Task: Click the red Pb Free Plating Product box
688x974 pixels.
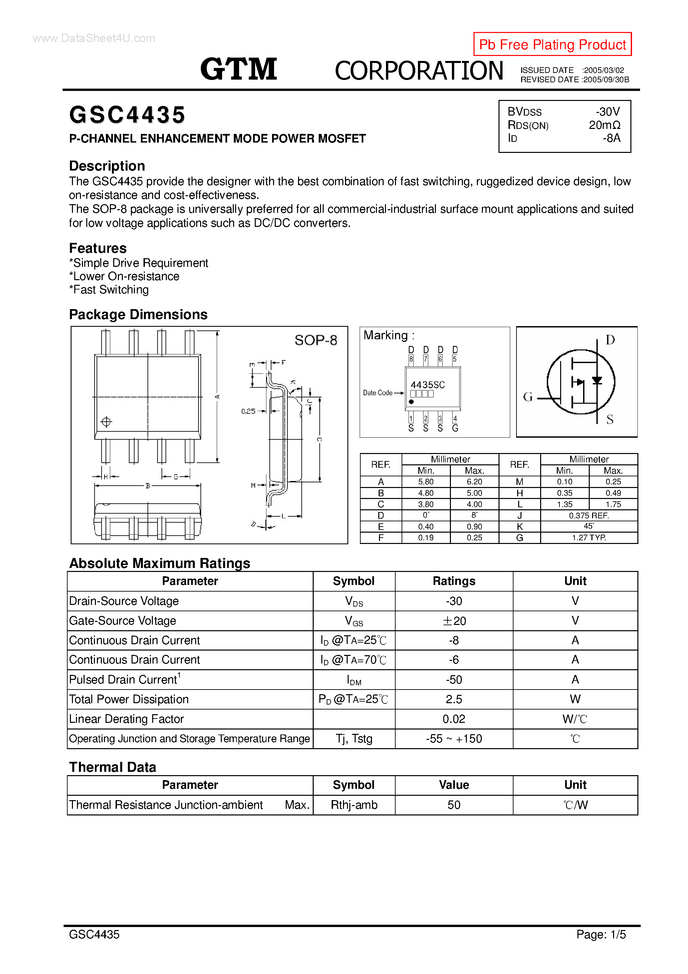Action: [552, 44]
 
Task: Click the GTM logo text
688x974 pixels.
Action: [238, 69]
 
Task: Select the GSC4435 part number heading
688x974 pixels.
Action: [127, 115]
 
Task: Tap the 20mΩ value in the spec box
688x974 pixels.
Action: [604, 125]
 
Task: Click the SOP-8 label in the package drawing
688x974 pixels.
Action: [316, 340]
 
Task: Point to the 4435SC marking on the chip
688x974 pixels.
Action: [428, 385]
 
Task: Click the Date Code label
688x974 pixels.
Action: [378, 393]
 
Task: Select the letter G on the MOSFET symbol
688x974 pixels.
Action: [528, 397]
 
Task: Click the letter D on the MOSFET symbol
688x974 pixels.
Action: [610, 340]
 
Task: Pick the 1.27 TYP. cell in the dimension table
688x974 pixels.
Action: [589, 538]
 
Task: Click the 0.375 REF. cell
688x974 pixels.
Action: [589, 515]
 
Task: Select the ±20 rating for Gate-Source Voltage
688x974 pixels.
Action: [454, 621]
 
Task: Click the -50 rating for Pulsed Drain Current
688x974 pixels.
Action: [454, 680]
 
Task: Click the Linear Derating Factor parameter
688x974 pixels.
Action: [127, 719]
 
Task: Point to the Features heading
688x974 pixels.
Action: [98, 248]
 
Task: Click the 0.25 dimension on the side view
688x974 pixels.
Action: [248, 411]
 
